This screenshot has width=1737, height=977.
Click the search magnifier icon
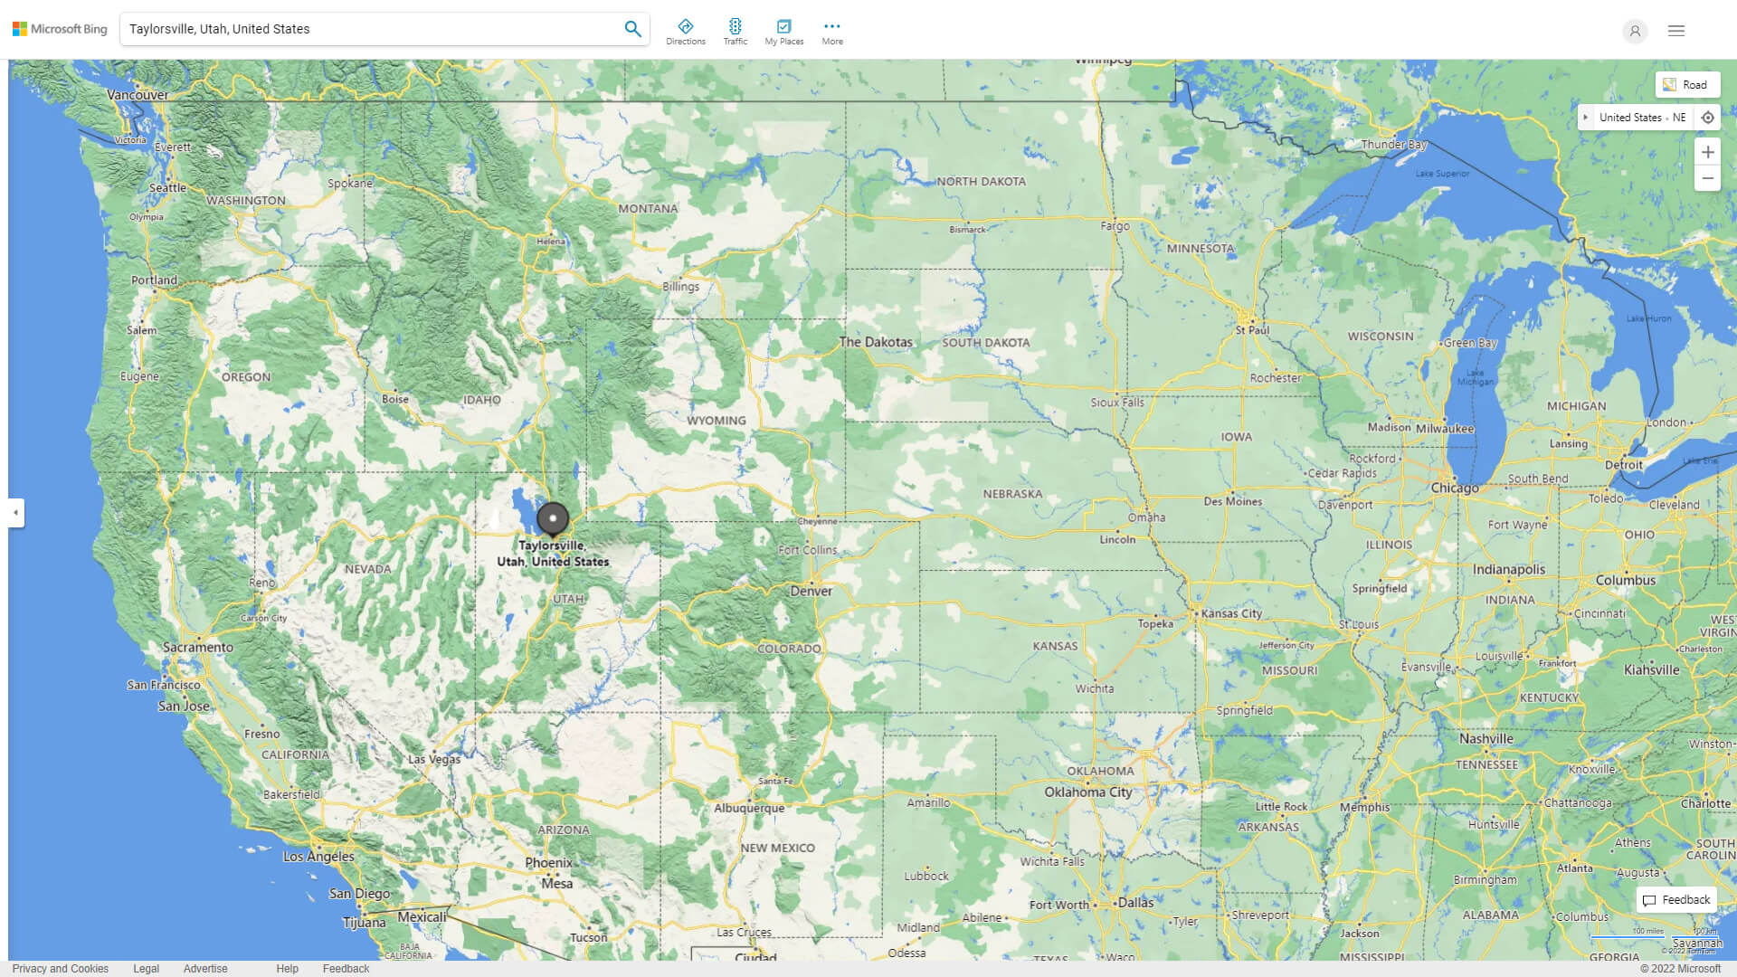[x=632, y=29]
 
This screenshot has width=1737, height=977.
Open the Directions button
[x=685, y=32]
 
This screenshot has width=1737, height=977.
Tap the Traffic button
[x=735, y=32]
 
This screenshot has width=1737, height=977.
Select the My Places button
[x=783, y=32]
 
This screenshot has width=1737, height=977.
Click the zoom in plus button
[x=1707, y=152]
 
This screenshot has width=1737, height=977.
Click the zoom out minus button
[x=1707, y=178]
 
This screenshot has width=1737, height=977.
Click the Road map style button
[x=1686, y=85]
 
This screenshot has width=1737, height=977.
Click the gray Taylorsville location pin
[x=553, y=519]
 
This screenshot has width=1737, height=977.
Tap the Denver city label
[x=811, y=591]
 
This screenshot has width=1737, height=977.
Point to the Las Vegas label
[x=434, y=759]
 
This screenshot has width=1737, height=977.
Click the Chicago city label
[x=1455, y=488]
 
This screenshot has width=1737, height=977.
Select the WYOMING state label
[x=716, y=421]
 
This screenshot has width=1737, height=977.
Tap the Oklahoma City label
[x=1087, y=792]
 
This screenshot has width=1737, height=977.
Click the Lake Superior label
[x=1442, y=173]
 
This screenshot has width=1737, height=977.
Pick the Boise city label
[x=394, y=399]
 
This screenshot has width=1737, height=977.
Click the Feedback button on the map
[x=1676, y=899]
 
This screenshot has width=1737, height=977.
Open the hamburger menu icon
[x=1675, y=31]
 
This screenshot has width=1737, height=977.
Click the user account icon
[x=1634, y=31]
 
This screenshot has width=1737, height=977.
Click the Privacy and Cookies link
[x=60, y=968]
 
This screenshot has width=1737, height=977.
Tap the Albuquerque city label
[x=749, y=808]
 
